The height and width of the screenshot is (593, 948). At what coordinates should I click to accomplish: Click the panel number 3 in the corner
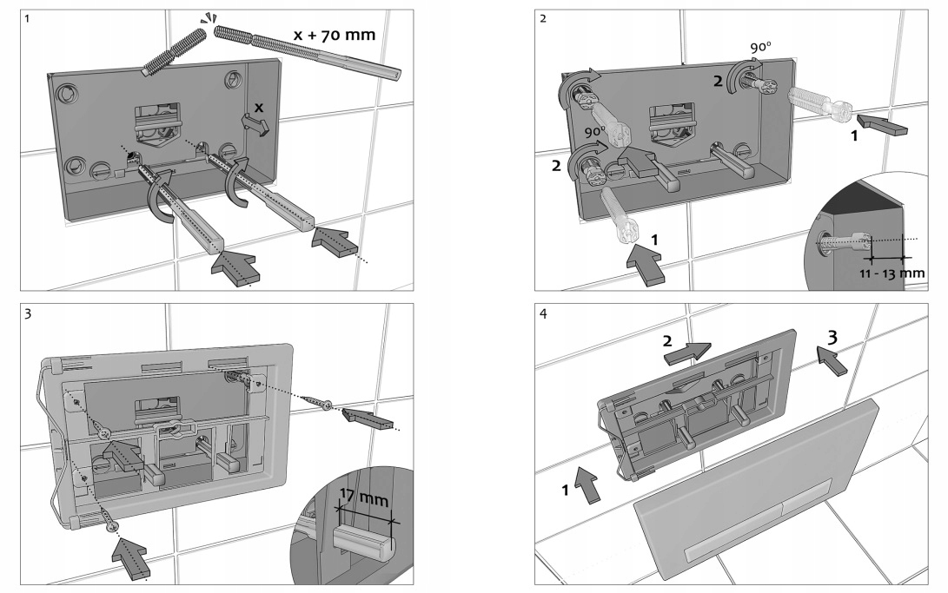[29, 313]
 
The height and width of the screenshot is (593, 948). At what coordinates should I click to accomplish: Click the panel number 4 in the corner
[543, 313]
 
